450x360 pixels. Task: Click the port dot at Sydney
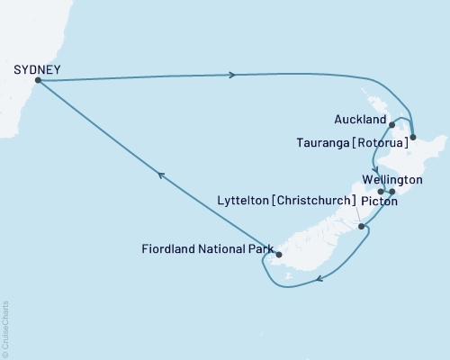coord(37,80)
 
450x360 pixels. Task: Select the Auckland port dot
coord(392,126)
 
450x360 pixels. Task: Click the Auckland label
coord(360,119)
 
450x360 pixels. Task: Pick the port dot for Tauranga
coord(412,139)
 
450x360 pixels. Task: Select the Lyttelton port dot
coord(362,227)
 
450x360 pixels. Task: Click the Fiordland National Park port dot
coord(279,255)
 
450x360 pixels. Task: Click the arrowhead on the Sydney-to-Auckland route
coord(233,75)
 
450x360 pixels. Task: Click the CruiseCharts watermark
coord(5,328)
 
